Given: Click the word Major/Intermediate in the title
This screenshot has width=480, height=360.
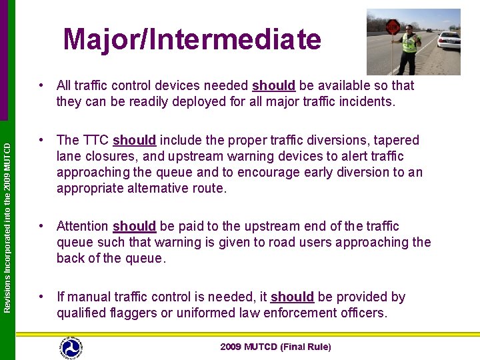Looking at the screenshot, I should (x=192, y=39).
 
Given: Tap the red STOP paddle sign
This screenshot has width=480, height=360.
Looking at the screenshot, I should (x=393, y=27).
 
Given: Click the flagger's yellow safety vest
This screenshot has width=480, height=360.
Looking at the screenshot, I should (x=409, y=44).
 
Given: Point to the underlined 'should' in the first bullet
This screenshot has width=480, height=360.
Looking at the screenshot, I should (x=273, y=85).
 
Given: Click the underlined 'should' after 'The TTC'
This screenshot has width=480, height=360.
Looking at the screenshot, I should (x=134, y=140).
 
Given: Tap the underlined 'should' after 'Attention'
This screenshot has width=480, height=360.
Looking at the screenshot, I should (x=134, y=226).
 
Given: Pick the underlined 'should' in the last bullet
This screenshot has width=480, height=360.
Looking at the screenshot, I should (x=292, y=297).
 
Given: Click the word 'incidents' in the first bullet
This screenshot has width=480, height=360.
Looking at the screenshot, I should (x=368, y=101).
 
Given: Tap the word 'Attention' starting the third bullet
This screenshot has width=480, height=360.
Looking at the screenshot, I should (x=83, y=226).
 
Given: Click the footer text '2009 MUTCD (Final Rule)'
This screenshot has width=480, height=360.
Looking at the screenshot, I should (x=275, y=347).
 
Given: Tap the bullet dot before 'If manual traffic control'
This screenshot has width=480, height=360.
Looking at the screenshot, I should (x=41, y=297).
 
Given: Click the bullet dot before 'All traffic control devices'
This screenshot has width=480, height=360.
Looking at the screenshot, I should (x=41, y=85).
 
